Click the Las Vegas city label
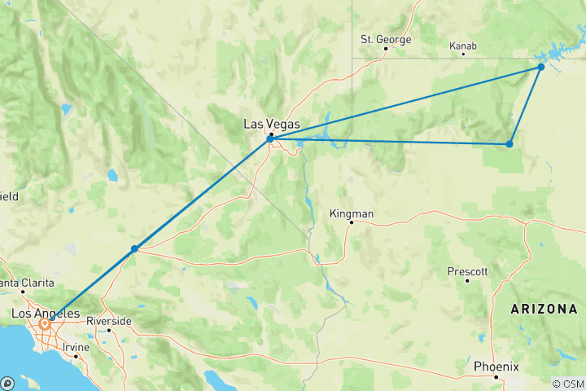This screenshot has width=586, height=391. (x=272, y=125)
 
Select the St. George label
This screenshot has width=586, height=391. (x=386, y=39)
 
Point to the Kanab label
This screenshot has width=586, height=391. (x=462, y=46)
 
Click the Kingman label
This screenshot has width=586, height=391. (x=351, y=213)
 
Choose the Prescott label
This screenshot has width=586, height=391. (x=467, y=270)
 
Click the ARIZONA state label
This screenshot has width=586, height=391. (x=544, y=310)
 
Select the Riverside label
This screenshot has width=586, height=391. (x=108, y=321)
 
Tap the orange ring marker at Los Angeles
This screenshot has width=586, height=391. (x=46, y=324)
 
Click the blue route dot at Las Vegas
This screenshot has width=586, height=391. (x=270, y=139)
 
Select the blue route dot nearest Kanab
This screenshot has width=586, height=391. (x=541, y=67)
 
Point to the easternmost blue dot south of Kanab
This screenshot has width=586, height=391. (x=509, y=144)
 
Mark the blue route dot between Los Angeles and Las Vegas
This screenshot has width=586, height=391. (x=134, y=248)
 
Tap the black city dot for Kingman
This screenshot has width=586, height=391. (x=351, y=222)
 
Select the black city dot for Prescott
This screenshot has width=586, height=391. (x=467, y=280)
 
